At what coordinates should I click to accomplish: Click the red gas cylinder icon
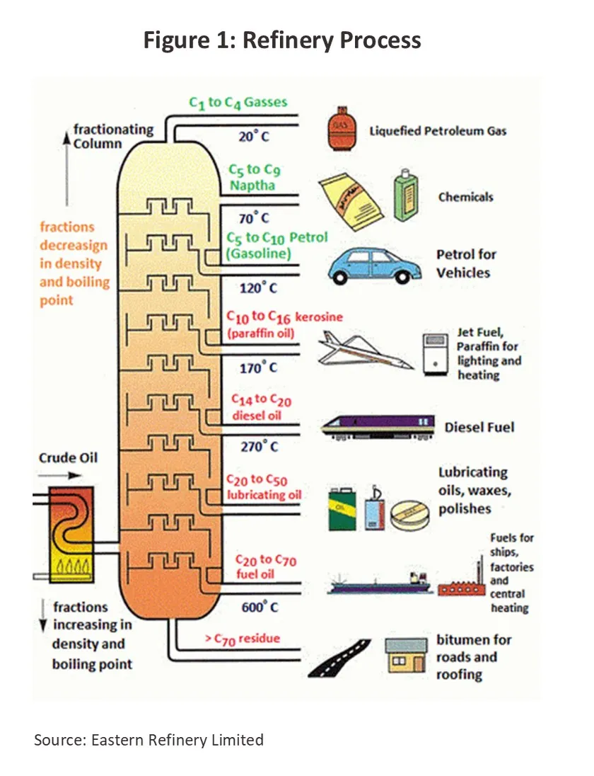(343, 128)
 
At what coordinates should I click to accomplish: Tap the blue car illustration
(374, 266)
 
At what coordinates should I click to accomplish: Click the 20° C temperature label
(254, 136)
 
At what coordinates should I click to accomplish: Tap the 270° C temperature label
(260, 446)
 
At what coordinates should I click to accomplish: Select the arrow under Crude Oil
(60, 476)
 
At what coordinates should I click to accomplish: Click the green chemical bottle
(406, 195)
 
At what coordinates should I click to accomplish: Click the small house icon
(406, 655)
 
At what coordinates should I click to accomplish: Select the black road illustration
(339, 658)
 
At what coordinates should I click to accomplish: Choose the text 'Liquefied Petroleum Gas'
(438, 131)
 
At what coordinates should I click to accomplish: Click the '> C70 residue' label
(243, 639)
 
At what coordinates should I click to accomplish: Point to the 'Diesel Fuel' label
(479, 427)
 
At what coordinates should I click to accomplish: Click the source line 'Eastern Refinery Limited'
(177, 740)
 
